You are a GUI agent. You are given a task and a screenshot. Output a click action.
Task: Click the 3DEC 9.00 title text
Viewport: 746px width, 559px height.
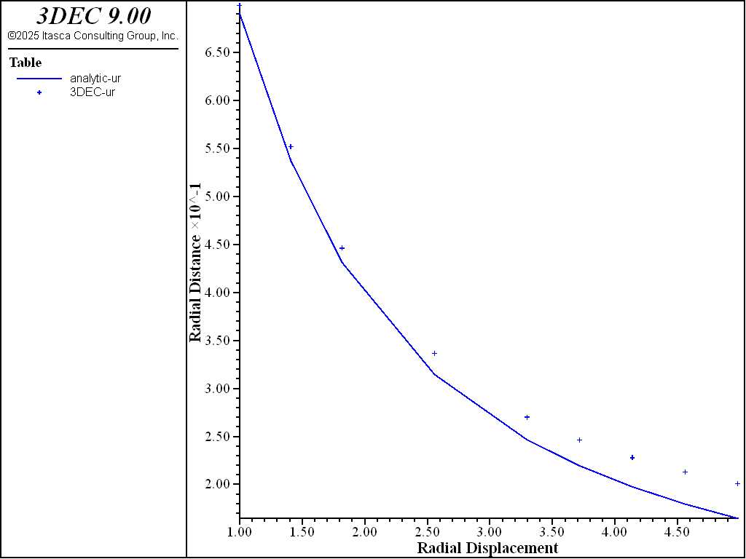(93, 17)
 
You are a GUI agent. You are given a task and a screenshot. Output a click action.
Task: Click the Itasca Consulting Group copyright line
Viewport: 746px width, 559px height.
(93, 35)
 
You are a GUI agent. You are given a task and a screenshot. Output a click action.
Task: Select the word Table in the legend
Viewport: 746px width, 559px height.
(25, 63)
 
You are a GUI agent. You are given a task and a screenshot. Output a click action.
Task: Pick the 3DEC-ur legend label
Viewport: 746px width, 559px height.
(93, 92)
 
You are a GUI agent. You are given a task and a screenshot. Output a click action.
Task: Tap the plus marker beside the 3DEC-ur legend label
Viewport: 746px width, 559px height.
(39, 92)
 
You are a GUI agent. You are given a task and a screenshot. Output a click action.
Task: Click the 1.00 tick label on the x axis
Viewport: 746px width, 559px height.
(240, 532)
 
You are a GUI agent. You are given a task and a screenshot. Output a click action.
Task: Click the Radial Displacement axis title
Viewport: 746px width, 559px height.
(487, 548)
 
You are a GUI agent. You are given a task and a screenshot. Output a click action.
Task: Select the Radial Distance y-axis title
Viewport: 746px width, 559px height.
(195, 263)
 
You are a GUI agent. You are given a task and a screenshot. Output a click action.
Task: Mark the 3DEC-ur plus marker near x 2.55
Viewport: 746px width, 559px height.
(434, 354)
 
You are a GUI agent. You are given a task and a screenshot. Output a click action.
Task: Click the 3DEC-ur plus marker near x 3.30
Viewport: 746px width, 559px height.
(527, 417)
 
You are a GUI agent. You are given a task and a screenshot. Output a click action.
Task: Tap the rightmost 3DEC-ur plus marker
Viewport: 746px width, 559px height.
(737, 483)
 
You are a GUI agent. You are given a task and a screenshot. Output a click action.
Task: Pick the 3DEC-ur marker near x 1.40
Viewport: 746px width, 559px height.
(291, 146)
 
